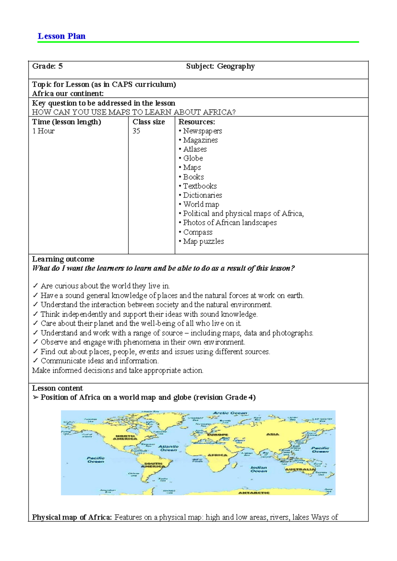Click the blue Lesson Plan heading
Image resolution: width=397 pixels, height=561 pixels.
coord(62,36)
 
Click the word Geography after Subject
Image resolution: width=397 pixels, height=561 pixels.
coord(236,66)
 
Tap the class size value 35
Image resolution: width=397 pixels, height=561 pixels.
coord(136,131)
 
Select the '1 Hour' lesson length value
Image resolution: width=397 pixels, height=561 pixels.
coord(43,131)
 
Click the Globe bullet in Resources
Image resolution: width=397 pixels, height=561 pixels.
coord(193,158)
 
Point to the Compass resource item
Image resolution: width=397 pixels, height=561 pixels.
coord(198,232)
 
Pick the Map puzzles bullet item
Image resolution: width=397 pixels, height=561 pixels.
coord(203,241)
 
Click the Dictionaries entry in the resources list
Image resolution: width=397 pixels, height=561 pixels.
coord(202,195)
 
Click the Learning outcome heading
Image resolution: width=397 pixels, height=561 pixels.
coord(63,259)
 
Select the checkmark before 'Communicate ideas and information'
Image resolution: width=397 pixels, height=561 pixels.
coord(35,361)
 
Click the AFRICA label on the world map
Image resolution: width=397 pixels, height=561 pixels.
coord(217,455)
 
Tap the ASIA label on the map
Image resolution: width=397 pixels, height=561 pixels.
coord(273,434)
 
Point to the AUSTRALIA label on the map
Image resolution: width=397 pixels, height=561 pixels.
coord(300,469)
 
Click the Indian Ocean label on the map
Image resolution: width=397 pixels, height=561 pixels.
coord(259,469)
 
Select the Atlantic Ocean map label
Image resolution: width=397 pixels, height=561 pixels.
coord(168,448)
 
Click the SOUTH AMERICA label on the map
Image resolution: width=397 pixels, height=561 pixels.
coord(153,465)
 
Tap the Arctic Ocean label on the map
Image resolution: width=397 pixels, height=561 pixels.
coord(230,413)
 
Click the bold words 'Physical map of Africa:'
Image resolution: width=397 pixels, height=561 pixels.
coord(72,517)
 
